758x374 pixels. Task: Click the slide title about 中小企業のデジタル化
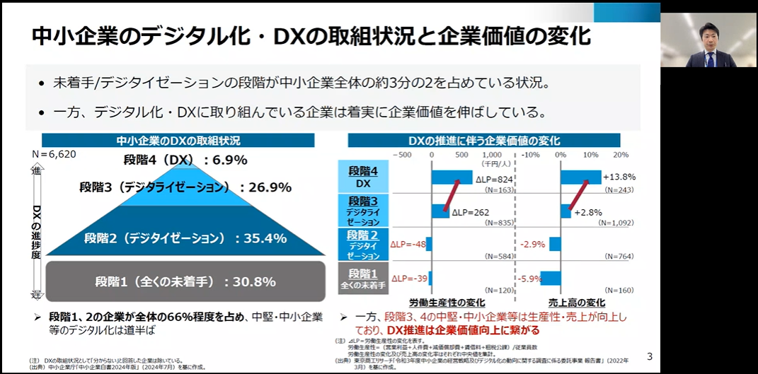tap(311, 36)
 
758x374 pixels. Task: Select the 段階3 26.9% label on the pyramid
tap(185, 187)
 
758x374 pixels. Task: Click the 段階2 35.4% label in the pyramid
tap(185, 238)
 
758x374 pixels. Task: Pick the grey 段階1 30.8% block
tap(185, 281)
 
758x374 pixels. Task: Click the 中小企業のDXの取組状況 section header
tap(178, 140)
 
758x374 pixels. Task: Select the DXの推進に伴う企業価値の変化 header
tap(484, 140)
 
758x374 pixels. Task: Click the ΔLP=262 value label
tap(471, 211)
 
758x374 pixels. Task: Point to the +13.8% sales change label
tap(620, 177)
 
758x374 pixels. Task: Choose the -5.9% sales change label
tap(531, 278)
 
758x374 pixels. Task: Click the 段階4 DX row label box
tap(363, 177)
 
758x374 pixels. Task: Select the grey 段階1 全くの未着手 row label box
tap(363, 279)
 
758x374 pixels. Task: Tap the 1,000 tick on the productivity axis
tap(492, 155)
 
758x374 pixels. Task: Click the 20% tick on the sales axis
tap(621, 155)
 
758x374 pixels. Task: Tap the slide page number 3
tap(650, 356)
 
